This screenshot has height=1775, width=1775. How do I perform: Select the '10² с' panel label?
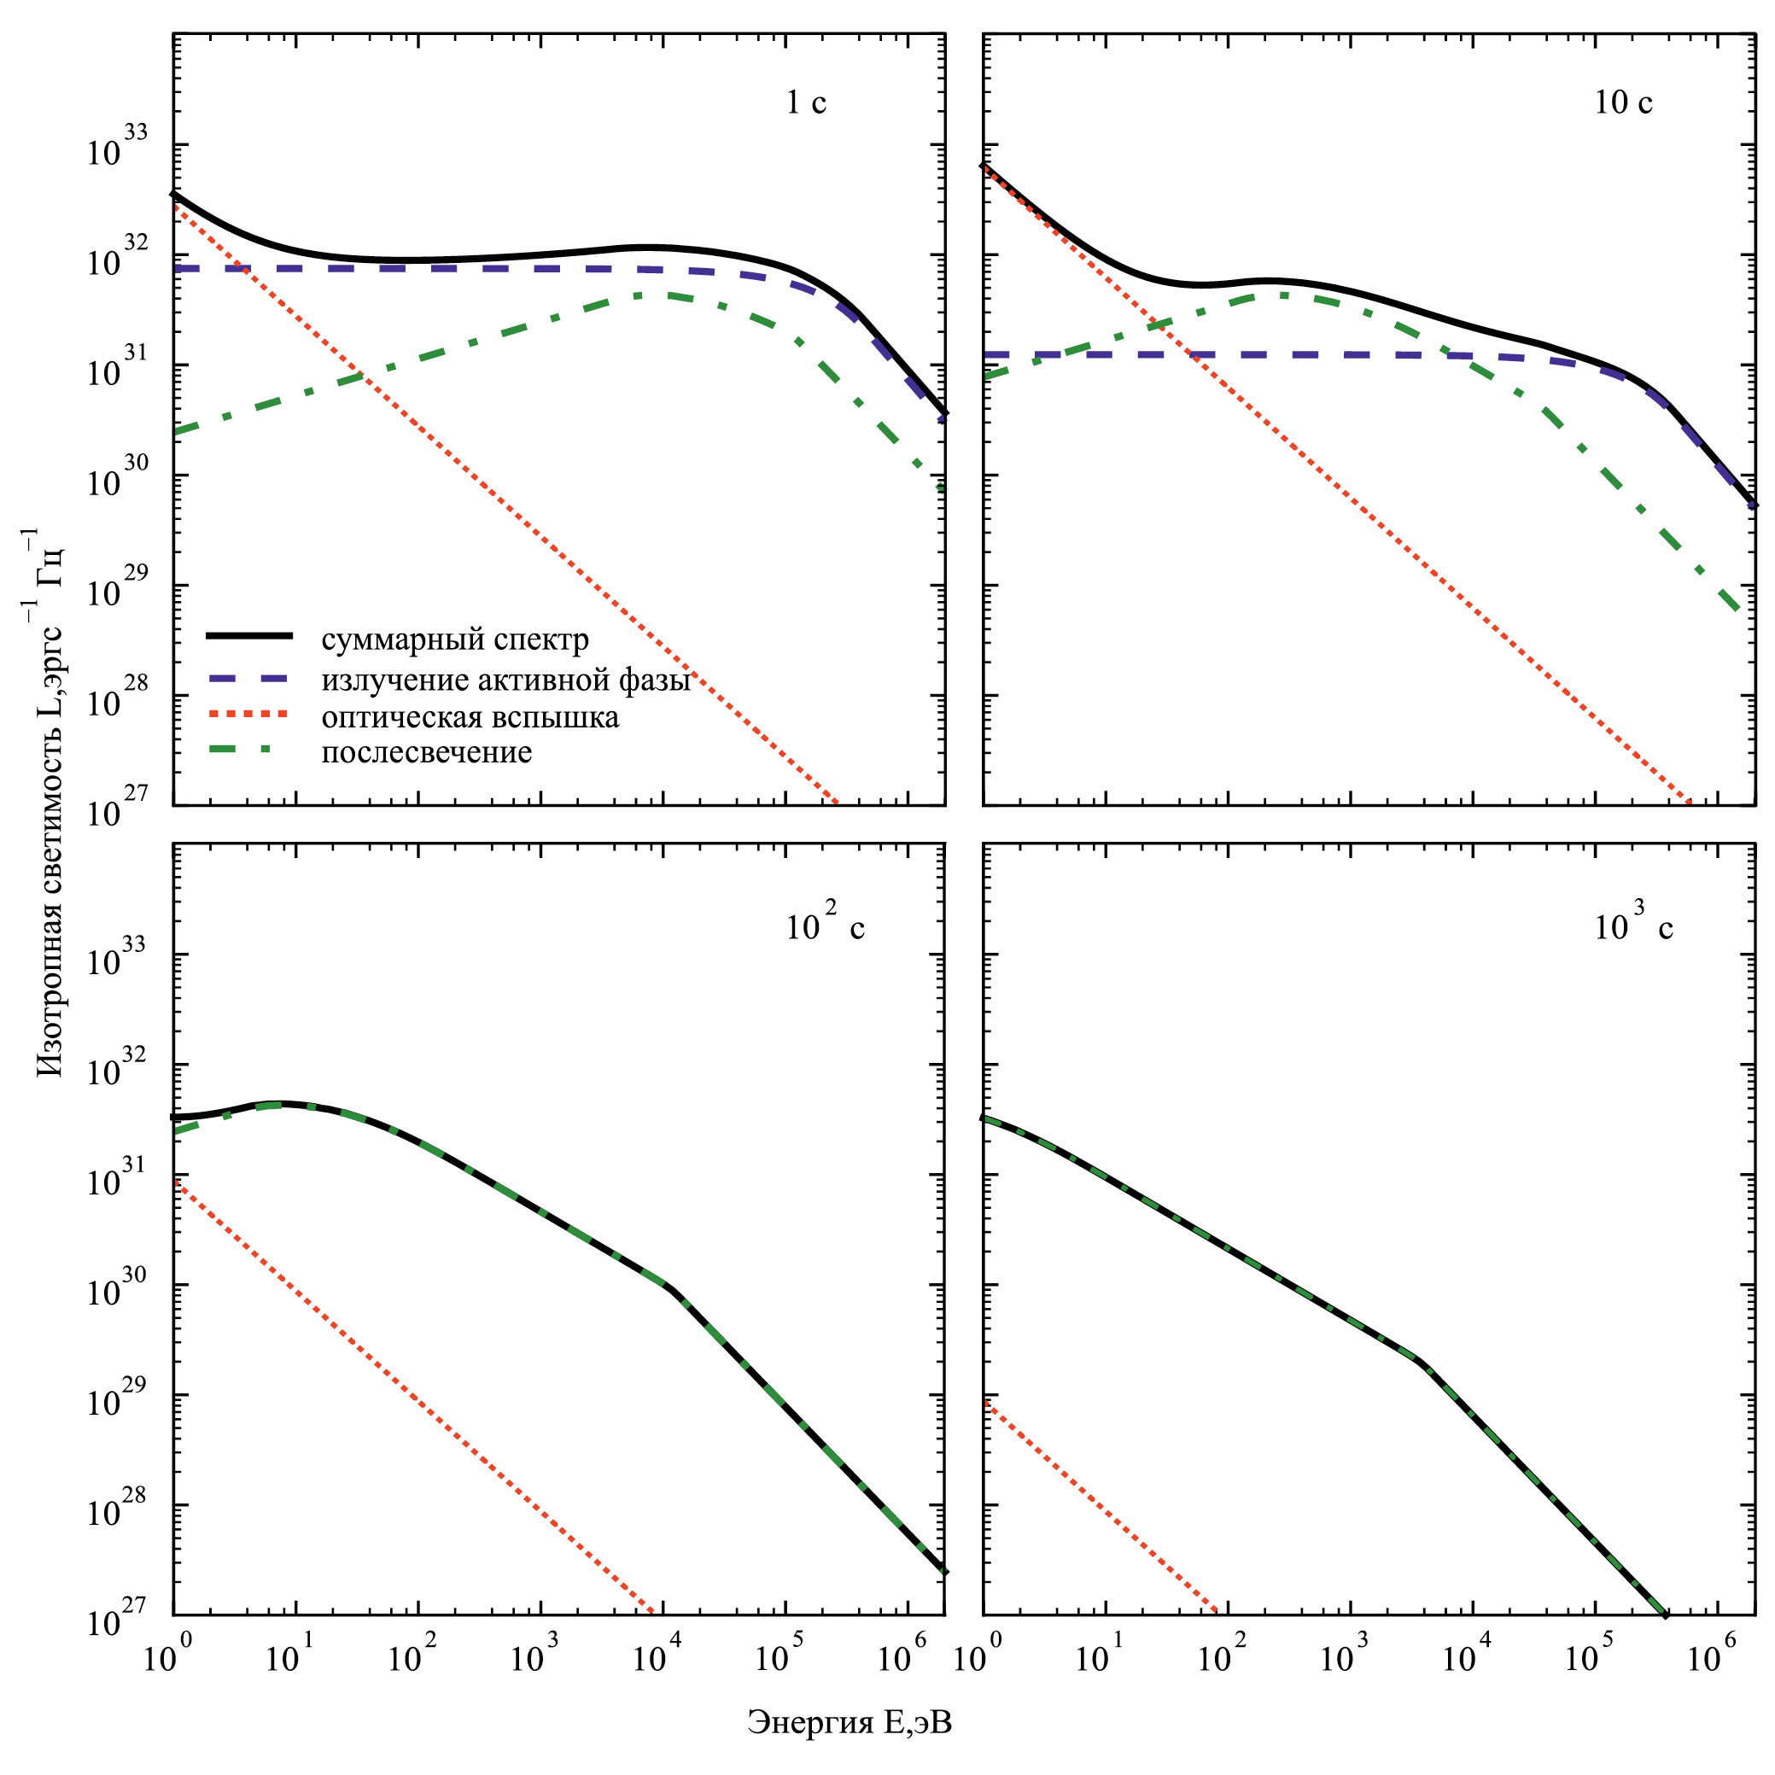pyautogui.click(x=824, y=928)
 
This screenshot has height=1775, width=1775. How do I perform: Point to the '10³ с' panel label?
pyautogui.click(x=1632, y=928)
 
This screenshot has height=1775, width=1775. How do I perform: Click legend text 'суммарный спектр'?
pyautogui.click(x=455, y=639)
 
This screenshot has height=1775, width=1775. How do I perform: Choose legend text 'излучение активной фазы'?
pyautogui.click(x=505, y=680)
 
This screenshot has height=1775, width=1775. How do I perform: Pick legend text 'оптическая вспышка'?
pyautogui.click(x=470, y=716)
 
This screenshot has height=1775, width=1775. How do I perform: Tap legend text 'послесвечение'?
pyautogui.click(x=426, y=752)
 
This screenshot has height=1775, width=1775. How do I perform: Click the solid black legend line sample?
pyautogui.click(x=249, y=636)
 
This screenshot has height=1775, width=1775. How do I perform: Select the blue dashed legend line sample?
pyautogui.click(x=249, y=678)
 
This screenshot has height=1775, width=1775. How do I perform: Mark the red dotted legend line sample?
pyautogui.click(x=249, y=714)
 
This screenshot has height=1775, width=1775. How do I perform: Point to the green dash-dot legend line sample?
pyautogui.click(x=249, y=750)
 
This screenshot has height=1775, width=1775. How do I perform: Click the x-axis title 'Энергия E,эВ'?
pyautogui.click(x=849, y=1723)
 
